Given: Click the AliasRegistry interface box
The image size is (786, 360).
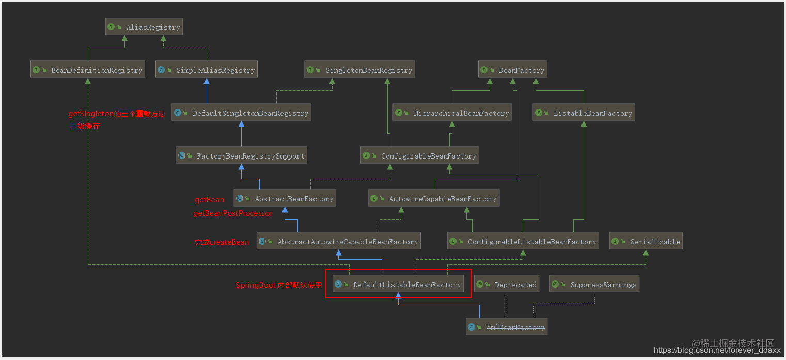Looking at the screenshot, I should coord(144,27).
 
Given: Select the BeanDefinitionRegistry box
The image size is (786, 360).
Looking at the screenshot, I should coord(87,70).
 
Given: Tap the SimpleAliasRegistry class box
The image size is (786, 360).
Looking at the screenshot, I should coord(206,70).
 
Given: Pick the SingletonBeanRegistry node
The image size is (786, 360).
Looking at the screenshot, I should coord(359,70).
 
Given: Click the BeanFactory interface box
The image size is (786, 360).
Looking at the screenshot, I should coord(512,70).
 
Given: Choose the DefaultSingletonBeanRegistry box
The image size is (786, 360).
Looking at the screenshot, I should coord(242,113).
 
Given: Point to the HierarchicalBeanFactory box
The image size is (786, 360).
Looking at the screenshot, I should coord(452,113).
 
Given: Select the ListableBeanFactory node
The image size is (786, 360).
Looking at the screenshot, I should coord(584,113).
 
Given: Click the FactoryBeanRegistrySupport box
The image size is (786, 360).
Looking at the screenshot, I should coord(241,156).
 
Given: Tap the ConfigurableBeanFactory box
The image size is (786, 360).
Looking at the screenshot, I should coord(419,156).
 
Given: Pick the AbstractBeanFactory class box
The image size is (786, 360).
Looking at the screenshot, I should coord(285,199).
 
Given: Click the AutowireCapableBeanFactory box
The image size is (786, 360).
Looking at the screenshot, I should coord(434,199).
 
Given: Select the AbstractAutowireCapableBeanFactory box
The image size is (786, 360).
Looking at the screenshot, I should coord(338,242).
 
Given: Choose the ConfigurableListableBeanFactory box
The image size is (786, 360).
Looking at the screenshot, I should coord(523,242).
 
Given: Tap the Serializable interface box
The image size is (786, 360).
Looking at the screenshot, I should coord(646,242).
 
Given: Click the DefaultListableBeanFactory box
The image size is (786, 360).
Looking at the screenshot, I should coord(398,285).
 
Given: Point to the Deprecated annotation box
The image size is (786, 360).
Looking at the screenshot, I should coord(507,285).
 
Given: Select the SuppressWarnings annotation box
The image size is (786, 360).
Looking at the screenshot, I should coord(594,285).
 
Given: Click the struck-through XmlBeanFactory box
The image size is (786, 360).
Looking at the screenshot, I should coord(506,327).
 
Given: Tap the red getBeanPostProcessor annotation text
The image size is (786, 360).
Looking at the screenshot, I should coord(233,213).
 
